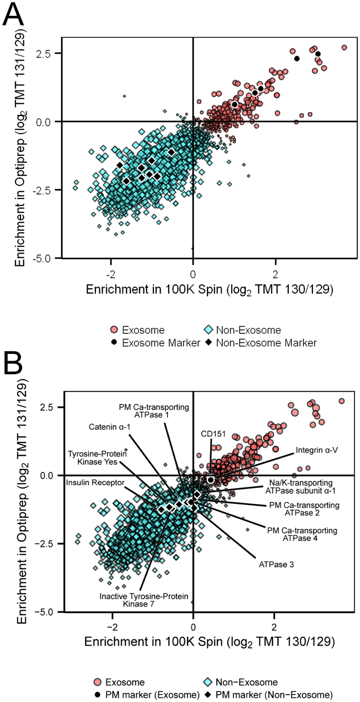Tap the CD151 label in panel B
click(x=213, y=434)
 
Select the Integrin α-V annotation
click(x=317, y=450)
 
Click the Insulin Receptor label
click(x=95, y=483)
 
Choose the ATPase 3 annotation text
click(x=276, y=565)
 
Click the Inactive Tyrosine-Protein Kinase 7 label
click(x=144, y=600)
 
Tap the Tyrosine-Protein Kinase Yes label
click(x=97, y=458)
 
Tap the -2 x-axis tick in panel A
click(x=110, y=274)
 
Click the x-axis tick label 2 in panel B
click(x=274, y=627)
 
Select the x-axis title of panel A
click(x=209, y=290)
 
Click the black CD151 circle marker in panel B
click(x=211, y=480)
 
